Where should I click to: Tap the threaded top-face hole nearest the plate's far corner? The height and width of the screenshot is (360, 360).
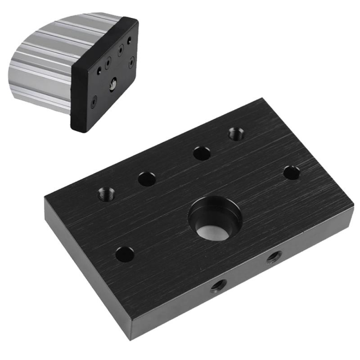point(236,134)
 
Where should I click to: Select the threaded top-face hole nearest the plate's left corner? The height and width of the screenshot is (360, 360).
point(106,194)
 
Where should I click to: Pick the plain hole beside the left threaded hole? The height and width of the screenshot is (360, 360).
point(147,179)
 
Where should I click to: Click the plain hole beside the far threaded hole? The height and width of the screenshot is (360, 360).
point(202,153)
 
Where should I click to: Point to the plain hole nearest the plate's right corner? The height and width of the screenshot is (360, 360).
point(292,173)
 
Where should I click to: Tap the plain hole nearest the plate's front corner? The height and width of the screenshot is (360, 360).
point(125,254)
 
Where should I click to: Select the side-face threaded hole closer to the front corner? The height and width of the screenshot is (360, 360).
point(218,286)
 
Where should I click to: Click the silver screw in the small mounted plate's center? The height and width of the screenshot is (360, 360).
point(113,85)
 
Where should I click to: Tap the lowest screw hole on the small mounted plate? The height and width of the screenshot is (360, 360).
point(94,102)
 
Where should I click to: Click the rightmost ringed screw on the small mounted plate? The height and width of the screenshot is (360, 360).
point(132,62)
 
